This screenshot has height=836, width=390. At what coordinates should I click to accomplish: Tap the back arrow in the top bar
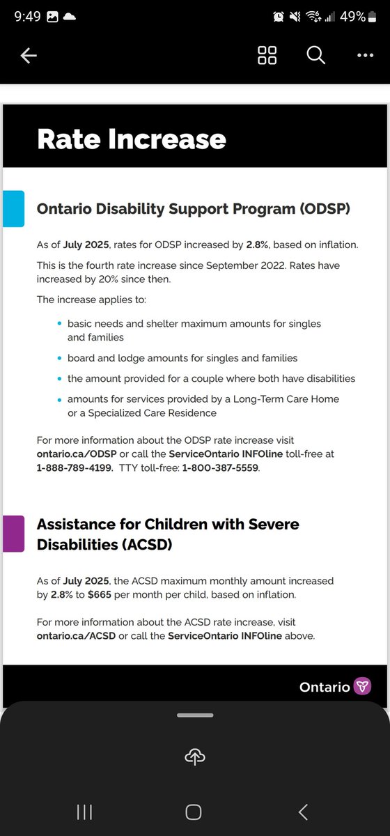(x=29, y=56)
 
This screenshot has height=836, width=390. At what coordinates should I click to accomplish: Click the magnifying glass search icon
(x=315, y=56)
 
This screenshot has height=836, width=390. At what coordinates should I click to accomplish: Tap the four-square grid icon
(x=267, y=56)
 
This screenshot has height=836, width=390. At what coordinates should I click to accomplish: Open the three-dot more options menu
(x=365, y=56)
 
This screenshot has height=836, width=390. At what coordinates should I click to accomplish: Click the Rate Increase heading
(x=132, y=139)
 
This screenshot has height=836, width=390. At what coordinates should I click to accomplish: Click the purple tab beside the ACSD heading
(x=13, y=534)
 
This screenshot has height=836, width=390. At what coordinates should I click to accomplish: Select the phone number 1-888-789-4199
(x=75, y=468)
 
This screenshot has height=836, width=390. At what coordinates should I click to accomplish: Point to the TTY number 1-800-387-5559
(x=220, y=468)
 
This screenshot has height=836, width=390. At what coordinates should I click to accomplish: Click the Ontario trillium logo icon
(x=363, y=686)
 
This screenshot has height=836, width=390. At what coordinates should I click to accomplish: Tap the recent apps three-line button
(x=84, y=812)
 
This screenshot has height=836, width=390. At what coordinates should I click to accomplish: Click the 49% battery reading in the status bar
(x=352, y=17)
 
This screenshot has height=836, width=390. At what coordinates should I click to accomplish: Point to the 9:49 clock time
(x=27, y=17)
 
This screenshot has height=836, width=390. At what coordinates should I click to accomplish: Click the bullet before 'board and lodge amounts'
(x=58, y=358)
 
